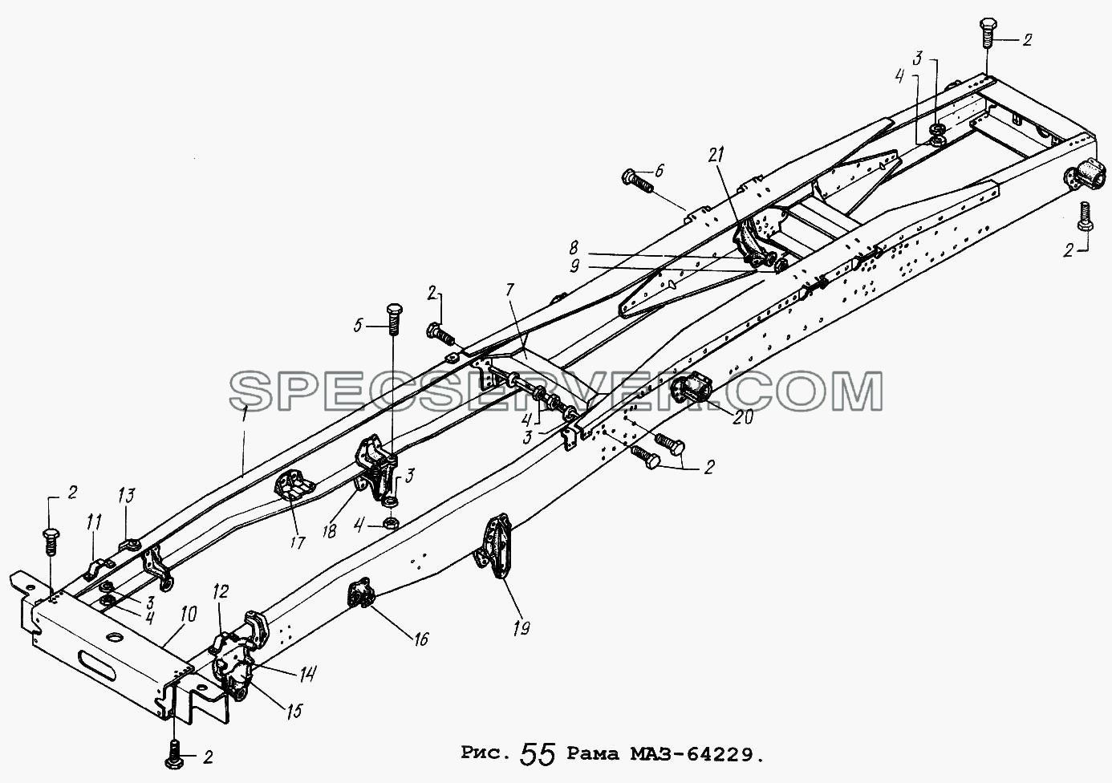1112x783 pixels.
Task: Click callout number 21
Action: click(x=716, y=156)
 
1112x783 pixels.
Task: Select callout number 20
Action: click(x=742, y=416)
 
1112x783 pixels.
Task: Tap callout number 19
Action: click(x=522, y=628)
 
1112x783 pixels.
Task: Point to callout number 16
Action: click(x=420, y=639)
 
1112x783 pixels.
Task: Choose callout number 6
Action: click(x=658, y=172)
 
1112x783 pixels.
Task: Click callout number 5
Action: click(x=359, y=327)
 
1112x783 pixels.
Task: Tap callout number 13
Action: click(x=127, y=496)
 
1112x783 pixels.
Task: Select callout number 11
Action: click(x=94, y=522)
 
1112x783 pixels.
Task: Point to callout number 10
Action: click(x=189, y=615)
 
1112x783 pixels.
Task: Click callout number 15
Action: click(x=294, y=711)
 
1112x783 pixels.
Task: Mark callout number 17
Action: click(x=297, y=542)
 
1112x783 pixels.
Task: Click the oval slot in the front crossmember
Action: click(x=102, y=667)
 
